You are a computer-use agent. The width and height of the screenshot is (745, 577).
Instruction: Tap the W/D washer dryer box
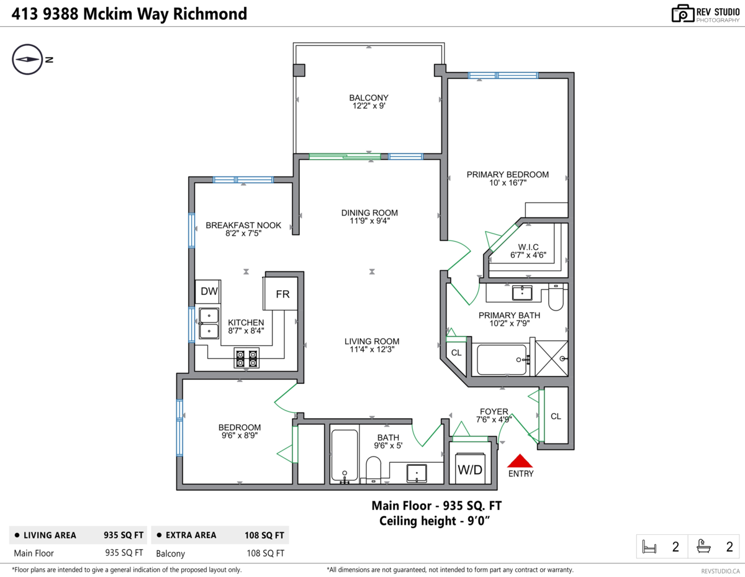point(469,469)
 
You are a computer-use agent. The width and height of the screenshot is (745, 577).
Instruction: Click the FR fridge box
point(282,294)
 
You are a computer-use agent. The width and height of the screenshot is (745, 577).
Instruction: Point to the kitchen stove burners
point(246,358)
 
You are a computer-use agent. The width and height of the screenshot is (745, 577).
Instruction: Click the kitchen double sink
point(209,324)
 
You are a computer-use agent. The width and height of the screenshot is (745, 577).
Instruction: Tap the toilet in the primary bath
point(556,298)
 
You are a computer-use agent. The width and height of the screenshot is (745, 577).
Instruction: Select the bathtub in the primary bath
point(502,360)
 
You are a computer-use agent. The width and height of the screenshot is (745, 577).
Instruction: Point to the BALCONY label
point(369,98)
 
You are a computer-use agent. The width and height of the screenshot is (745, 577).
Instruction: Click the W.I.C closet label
point(528,247)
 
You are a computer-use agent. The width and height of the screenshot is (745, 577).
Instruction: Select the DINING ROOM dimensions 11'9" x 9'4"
point(369,220)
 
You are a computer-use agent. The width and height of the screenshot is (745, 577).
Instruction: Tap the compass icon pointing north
point(27,60)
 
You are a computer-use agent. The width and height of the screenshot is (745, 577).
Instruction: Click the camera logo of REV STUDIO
point(682,14)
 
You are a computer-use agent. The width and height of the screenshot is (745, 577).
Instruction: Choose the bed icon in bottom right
point(650,547)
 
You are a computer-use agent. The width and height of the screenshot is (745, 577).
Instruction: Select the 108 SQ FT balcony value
point(266,553)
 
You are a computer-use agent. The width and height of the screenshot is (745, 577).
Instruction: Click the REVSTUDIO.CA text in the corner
point(720,570)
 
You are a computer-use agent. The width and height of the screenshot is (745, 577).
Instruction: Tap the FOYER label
point(494,411)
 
